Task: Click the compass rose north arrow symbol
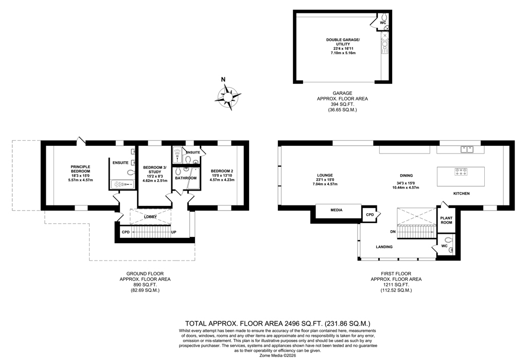point(227,96)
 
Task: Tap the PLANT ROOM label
point(446,220)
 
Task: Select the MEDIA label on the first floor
point(337,210)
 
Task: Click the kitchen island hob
point(461,172)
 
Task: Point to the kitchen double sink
point(467,149)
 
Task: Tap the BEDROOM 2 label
point(222,171)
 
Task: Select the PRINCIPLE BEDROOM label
point(80,169)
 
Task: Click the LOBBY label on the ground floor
point(150,217)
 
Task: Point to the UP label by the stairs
point(174,232)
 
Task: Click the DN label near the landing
point(393,232)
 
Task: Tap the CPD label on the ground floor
point(126,232)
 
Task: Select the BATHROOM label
point(185,178)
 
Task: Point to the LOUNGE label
point(325,175)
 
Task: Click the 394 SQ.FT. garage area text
point(342,105)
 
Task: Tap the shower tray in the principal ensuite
point(122,185)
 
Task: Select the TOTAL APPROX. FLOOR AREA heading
point(278,323)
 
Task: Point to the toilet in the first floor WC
point(447,240)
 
